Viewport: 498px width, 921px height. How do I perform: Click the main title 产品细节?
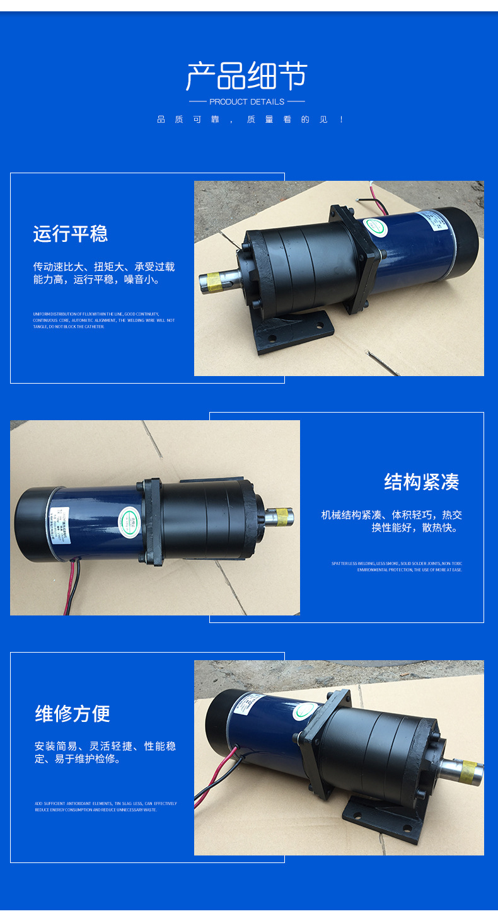(246, 77)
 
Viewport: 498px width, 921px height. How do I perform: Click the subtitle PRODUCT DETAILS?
(246, 101)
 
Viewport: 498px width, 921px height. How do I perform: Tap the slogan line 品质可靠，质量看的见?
(250, 120)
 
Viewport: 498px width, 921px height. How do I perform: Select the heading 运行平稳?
(71, 234)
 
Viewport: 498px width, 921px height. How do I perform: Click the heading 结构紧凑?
(422, 482)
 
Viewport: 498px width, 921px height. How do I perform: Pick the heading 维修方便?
(72, 714)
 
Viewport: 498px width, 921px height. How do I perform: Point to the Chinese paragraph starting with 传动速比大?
(104, 273)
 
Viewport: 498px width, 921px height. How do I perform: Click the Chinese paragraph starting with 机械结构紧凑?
(391, 521)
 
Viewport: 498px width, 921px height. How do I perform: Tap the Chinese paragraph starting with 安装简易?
(105, 752)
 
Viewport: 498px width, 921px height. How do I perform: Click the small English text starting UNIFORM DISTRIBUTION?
(104, 320)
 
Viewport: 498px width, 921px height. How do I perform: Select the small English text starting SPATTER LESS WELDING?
(397, 566)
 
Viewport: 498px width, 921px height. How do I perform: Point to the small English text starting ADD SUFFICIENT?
(105, 806)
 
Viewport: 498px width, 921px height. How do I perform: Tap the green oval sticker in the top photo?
(374, 226)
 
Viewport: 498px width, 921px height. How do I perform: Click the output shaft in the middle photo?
(277, 518)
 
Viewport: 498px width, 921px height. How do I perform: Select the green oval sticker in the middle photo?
(127, 518)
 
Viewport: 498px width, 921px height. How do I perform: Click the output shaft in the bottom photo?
(460, 770)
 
